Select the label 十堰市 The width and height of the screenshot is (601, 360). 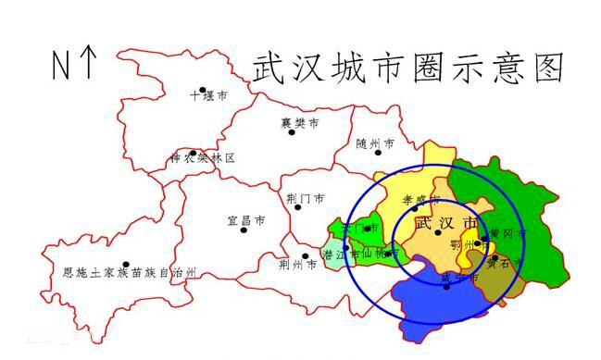click(x=208, y=95)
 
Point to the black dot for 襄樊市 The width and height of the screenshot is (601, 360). click(x=292, y=131)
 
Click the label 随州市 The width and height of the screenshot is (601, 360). click(x=375, y=144)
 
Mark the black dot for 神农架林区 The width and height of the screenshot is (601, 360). click(x=193, y=154)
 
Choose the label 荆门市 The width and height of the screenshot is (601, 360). click(x=306, y=198)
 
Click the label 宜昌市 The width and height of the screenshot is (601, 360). click(x=246, y=221)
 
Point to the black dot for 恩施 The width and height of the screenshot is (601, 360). click(x=126, y=264)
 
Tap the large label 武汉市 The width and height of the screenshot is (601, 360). click(x=447, y=224)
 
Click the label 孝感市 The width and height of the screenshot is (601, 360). click(x=420, y=199)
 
